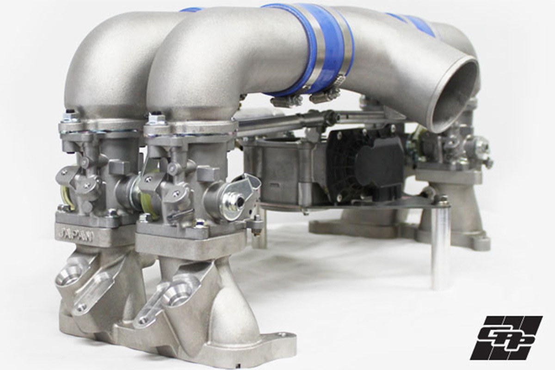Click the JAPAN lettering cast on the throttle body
pos(75,234)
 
